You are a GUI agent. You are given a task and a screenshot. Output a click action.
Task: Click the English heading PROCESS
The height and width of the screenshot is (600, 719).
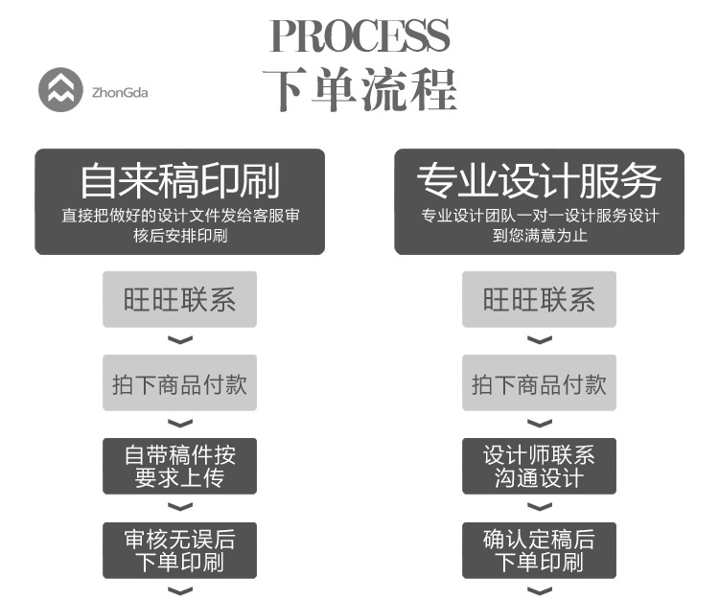click(359, 35)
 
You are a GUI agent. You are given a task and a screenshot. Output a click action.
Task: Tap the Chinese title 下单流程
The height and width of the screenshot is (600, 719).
click(359, 89)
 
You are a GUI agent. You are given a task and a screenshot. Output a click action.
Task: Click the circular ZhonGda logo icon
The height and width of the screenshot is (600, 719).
click(60, 90)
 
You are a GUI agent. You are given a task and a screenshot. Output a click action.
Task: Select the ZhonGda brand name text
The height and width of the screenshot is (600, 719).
click(120, 93)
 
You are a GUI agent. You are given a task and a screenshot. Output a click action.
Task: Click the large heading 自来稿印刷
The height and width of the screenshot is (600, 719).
click(180, 180)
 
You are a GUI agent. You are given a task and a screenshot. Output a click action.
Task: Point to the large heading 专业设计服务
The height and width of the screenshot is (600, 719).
click(539, 180)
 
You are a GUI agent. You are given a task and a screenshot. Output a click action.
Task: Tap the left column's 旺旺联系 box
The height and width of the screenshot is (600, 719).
click(180, 299)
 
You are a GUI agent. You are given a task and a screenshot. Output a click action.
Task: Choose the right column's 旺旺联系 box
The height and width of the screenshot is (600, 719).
click(539, 299)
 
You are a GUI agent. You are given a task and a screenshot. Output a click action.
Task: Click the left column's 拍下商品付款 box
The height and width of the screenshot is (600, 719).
click(180, 382)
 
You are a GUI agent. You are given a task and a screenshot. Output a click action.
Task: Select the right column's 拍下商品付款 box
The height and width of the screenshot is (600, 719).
click(539, 382)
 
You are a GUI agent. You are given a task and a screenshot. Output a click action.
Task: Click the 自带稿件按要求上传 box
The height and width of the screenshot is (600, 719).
click(180, 466)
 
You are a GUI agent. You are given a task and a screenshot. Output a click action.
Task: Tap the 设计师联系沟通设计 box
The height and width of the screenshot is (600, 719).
click(539, 466)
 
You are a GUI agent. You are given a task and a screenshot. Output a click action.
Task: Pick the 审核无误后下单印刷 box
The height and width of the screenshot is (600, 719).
click(180, 550)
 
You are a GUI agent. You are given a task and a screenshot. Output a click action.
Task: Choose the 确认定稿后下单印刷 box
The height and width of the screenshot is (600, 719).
click(539, 550)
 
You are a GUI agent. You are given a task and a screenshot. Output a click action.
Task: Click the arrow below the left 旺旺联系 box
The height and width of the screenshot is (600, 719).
click(180, 340)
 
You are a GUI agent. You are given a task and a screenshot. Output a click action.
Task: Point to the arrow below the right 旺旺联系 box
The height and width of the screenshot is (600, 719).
click(539, 340)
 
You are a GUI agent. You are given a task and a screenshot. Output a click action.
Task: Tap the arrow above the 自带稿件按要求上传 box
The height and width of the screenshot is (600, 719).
click(180, 424)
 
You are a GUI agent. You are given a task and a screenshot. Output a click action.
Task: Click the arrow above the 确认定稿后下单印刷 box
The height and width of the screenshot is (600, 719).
click(539, 507)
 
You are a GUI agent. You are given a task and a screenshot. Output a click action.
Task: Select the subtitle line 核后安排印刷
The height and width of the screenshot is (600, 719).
click(180, 236)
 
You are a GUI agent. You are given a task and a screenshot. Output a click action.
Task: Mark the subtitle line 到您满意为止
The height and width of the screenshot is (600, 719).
click(540, 236)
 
